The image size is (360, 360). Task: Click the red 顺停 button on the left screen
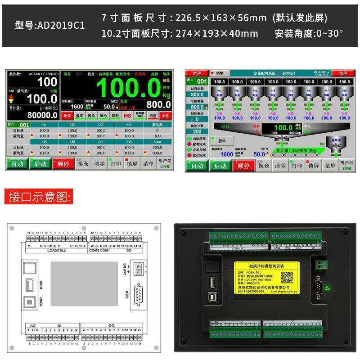point(64,163)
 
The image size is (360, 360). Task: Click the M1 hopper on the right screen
point(219,92)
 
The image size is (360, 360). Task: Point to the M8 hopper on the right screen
point(344,92)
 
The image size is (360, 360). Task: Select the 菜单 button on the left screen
point(148,163)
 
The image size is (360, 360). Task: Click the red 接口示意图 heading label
point(40,197)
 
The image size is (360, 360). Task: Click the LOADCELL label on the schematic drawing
point(57,250)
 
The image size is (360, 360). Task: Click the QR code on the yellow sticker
point(287,278)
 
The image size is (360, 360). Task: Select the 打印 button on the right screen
point(296,166)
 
